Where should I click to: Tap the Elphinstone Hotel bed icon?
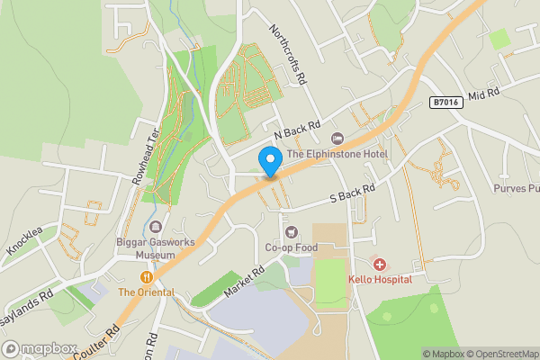point(337,138)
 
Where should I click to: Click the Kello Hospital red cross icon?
point(380,265)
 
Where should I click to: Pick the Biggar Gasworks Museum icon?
point(157,227)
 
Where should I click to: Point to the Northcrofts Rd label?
point(287,54)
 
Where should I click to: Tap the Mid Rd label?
point(483,94)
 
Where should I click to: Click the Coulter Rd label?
point(102,339)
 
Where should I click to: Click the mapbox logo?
point(39,348)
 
